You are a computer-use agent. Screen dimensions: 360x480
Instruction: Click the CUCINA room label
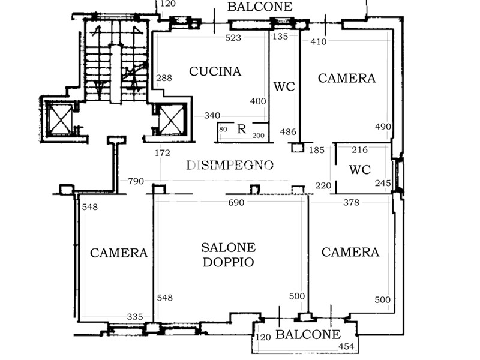(215, 71)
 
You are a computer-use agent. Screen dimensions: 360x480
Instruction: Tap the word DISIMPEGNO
(230, 165)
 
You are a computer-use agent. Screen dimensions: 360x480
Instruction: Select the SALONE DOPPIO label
(228, 254)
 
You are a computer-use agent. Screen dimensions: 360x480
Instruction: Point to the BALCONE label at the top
(260, 7)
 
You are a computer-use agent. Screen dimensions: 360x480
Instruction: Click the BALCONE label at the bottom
(308, 335)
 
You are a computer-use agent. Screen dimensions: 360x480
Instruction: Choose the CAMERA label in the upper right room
(347, 78)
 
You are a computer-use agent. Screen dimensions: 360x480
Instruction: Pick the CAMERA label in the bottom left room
(119, 253)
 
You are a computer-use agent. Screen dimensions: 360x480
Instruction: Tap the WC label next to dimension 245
(360, 170)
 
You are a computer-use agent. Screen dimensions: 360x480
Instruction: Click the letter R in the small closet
(242, 128)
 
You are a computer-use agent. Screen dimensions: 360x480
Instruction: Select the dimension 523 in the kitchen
(233, 38)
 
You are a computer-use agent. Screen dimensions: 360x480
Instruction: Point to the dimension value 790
(136, 181)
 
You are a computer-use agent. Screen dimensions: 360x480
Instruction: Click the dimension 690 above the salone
(236, 203)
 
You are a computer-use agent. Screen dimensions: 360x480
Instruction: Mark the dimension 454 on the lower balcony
(347, 346)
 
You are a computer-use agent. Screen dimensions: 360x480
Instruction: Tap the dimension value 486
(288, 132)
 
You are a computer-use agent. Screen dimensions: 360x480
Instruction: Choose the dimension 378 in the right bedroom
(351, 203)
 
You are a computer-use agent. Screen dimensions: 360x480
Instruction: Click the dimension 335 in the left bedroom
(135, 317)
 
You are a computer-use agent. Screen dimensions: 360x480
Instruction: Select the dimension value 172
(163, 153)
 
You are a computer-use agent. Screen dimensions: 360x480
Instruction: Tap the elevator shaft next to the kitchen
(169, 119)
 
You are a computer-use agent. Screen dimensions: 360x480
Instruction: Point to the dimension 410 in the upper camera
(318, 42)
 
